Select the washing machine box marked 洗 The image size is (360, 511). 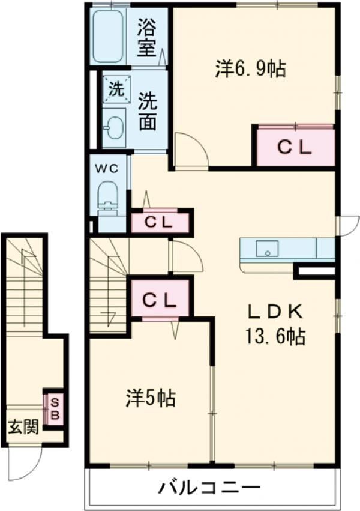click(115, 89)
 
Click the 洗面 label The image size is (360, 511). click(148, 112)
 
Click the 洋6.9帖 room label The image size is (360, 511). click(250, 69)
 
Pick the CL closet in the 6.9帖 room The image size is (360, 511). click(295, 148)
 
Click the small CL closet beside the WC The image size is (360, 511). click(160, 222)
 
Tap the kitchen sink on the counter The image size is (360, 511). click(266, 248)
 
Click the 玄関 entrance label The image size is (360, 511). click(23, 427)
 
